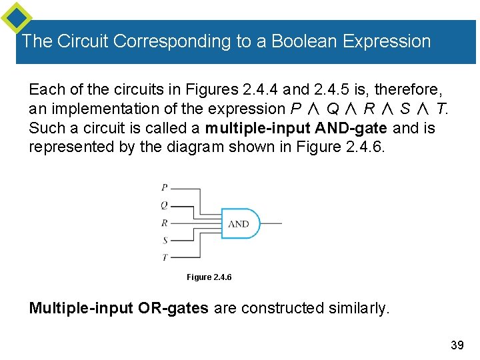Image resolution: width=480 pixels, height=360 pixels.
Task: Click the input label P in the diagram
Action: click(x=165, y=187)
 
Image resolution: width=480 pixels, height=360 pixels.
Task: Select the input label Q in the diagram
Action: click(x=165, y=205)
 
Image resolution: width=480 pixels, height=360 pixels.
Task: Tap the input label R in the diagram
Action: click(x=165, y=223)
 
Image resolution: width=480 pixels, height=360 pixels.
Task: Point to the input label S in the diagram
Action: click(x=165, y=240)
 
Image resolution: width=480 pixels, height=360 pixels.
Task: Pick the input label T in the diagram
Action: click(x=165, y=257)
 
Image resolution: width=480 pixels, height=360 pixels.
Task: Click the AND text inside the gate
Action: click(x=239, y=224)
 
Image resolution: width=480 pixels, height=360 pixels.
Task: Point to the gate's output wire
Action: click(x=271, y=223)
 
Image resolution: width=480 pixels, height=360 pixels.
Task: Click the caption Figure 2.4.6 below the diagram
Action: click(x=209, y=277)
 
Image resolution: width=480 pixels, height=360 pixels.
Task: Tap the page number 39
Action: click(x=457, y=345)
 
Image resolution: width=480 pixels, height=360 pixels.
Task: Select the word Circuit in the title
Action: click(x=83, y=41)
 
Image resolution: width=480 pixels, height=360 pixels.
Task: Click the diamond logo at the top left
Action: click(x=16, y=18)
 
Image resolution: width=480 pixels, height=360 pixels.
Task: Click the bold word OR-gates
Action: click(x=175, y=308)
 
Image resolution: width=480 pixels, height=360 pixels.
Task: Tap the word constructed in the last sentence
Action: click(x=279, y=308)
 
